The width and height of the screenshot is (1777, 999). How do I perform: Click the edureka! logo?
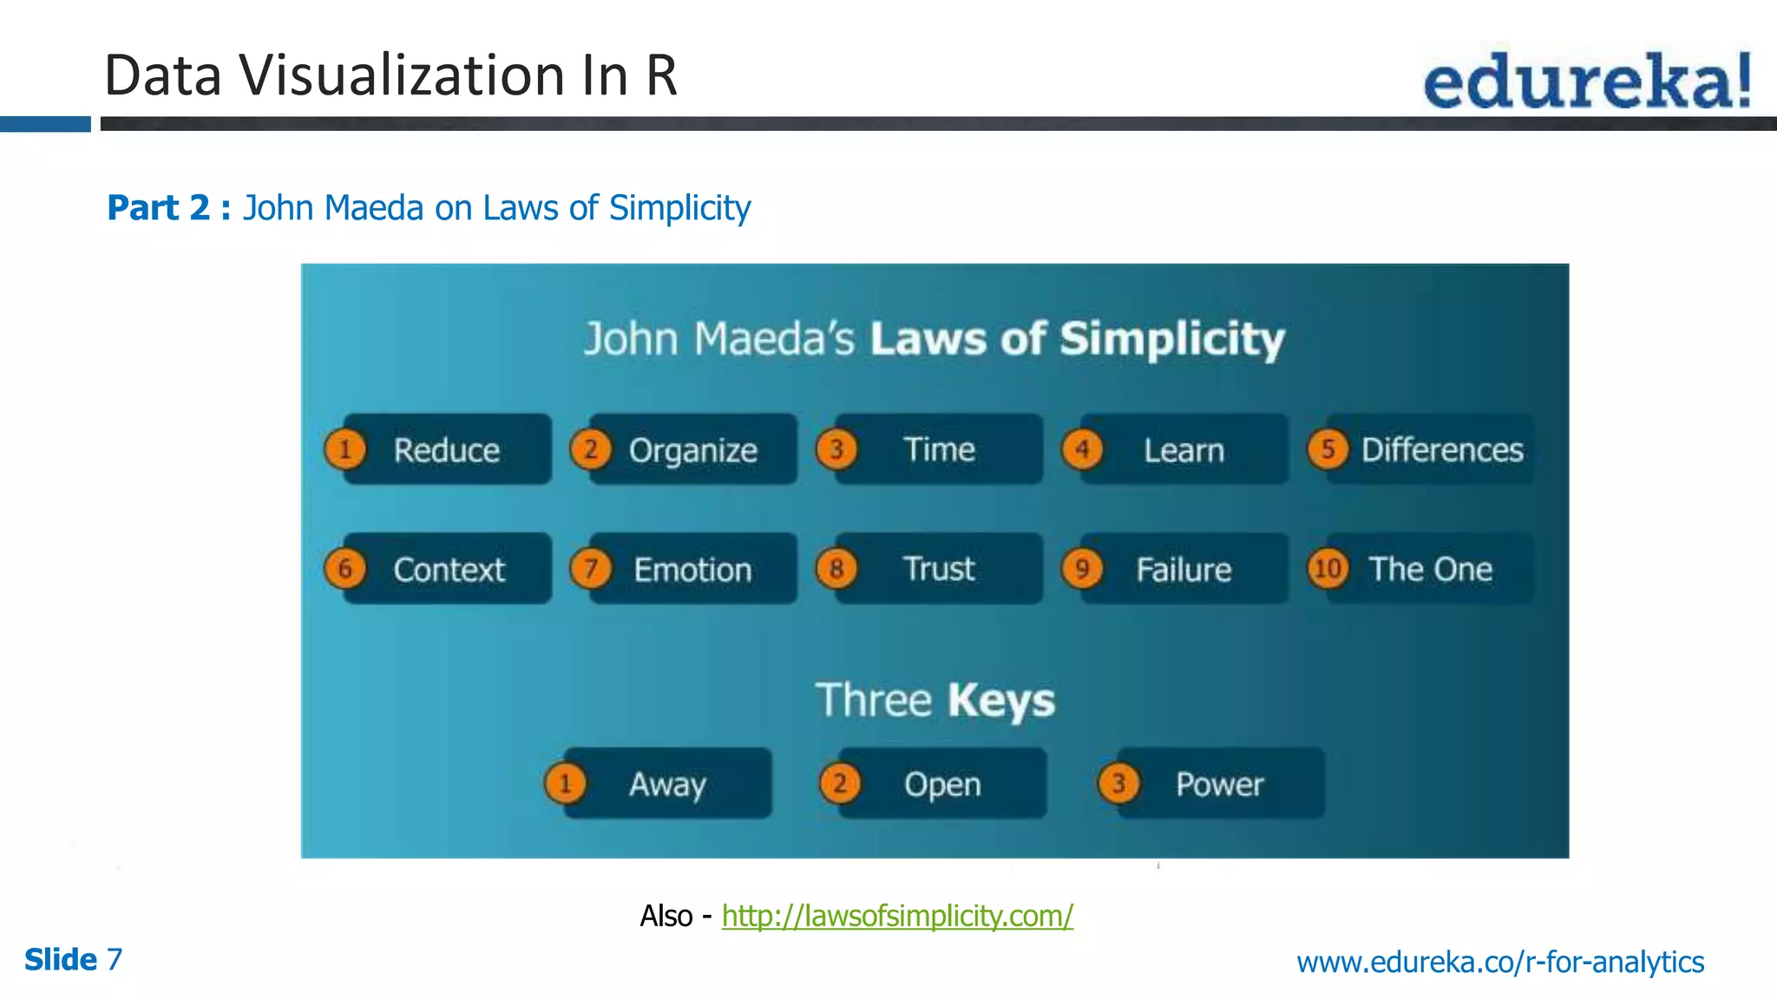click(x=1587, y=81)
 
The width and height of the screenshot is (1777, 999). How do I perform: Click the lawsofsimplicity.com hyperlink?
click(x=897, y=916)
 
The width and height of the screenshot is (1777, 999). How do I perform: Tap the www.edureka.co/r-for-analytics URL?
click(x=1500, y=962)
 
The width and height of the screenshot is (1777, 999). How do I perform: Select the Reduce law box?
click(x=447, y=450)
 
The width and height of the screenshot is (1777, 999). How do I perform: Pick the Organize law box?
click(x=692, y=450)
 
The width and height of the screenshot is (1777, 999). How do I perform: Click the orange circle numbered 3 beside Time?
click(x=836, y=449)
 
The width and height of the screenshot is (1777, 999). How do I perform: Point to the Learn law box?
click(x=1184, y=450)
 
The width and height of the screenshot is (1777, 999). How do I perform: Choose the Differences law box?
click(x=1441, y=450)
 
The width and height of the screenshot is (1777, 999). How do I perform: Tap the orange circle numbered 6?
click(x=345, y=569)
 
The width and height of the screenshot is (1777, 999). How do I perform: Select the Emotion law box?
click(x=692, y=570)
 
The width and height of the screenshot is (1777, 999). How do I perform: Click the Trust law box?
click(x=939, y=569)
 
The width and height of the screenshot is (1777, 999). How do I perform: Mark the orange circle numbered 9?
click(x=1082, y=569)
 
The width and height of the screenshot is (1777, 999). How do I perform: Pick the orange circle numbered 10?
click(x=1328, y=569)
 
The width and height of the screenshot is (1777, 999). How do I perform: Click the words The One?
click(x=1430, y=569)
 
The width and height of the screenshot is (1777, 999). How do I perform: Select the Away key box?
click(x=667, y=784)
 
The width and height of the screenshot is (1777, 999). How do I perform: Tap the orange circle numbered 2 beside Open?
click(x=840, y=784)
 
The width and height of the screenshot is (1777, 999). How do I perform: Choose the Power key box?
click(x=1219, y=784)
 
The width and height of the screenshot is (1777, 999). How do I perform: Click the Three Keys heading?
click(x=935, y=701)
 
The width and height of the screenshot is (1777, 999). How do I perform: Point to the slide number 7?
click(x=115, y=960)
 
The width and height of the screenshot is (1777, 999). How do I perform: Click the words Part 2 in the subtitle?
click(x=159, y=208)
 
